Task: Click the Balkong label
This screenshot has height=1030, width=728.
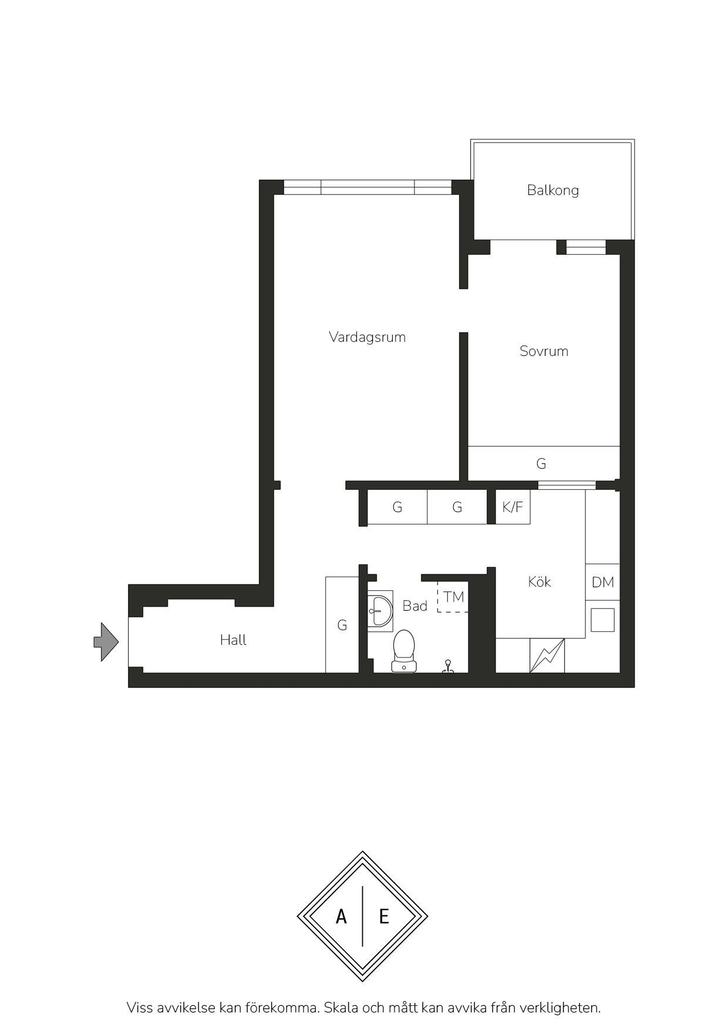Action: (552, 190)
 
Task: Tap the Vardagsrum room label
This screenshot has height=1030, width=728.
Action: (367, 337)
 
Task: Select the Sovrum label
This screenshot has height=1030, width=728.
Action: (544, 351)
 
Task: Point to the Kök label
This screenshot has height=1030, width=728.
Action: (539, 581)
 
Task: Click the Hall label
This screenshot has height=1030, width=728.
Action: (233, 639)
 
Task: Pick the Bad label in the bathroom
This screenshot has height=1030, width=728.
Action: (414, 605)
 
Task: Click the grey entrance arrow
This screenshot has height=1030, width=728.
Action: (106, 642)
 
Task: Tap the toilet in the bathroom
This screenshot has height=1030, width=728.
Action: (403, 651)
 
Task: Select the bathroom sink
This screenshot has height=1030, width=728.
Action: (380, 611)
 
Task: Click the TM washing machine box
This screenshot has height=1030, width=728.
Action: (453, 597)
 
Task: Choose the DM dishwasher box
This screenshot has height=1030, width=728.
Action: (602, 582)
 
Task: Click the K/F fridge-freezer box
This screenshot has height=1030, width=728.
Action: (513, 507)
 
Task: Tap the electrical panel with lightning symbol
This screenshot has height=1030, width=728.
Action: (547, 655)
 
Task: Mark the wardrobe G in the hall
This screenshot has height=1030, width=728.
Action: (342, 625)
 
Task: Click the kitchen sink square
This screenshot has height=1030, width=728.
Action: (602, 620)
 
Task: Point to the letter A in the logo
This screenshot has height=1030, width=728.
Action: (341, 916)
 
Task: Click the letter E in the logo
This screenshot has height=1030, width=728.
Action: (384, 916)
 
